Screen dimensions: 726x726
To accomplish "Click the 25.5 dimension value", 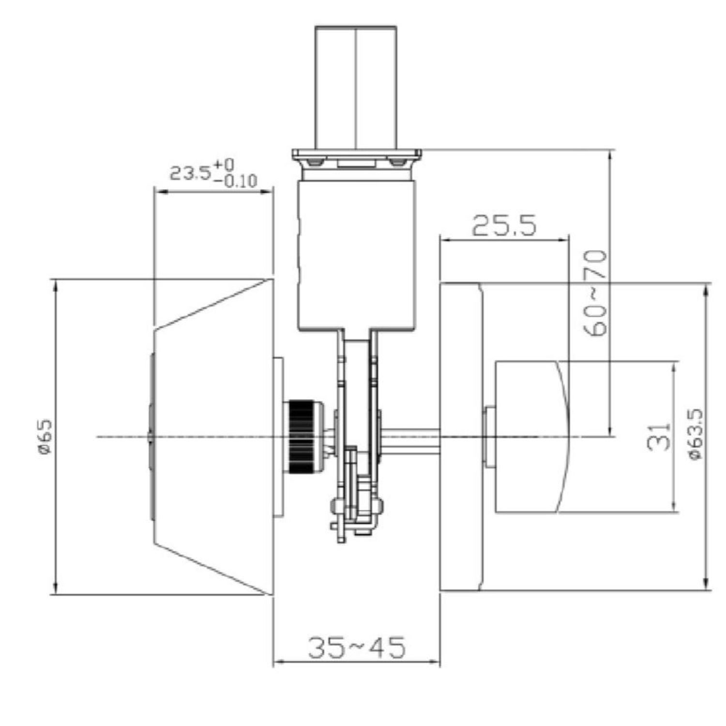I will (x=504, y=225).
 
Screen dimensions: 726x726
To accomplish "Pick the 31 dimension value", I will (x=659, y=436).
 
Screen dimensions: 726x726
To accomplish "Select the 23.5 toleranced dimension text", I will (x=190, y=173).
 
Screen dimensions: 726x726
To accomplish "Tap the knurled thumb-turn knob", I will (x=302, y=436).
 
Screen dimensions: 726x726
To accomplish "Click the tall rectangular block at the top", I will (x=356, y=87).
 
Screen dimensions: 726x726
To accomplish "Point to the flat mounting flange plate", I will (x=356, y=154).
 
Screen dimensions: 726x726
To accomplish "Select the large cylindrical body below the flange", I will (x=356, y=254).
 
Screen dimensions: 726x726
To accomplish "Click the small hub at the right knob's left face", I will (x=488, y=437).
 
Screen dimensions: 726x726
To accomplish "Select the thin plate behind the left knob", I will (x=278, y=437).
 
